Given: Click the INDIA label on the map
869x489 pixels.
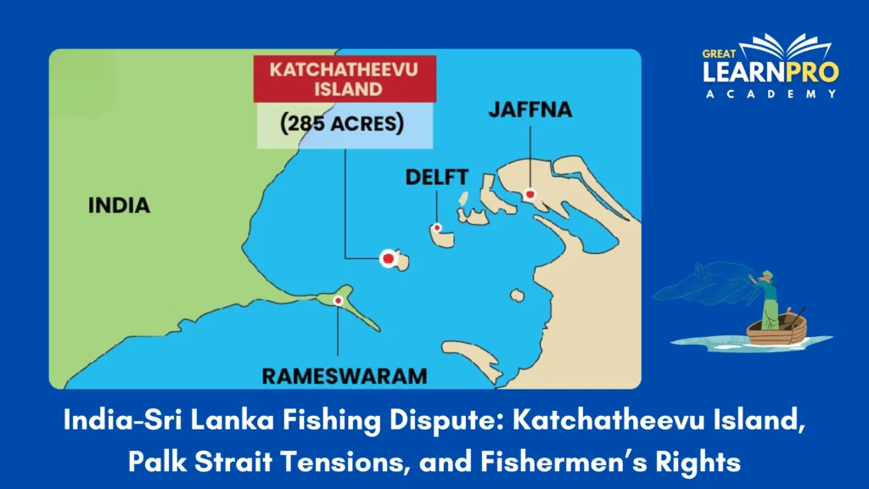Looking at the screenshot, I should (119, 205).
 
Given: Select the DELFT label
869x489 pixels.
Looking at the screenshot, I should (436, 177).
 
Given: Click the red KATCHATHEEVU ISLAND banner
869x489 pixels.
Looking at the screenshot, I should (344, 79).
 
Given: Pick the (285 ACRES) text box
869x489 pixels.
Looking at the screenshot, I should (344, 124).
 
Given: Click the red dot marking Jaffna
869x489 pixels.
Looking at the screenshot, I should (530, 194).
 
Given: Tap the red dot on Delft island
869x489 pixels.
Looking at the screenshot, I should (436, 228).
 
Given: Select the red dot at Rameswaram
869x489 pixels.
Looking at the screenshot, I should (338, 301).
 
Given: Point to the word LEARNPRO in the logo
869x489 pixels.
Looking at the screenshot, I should (770, 73).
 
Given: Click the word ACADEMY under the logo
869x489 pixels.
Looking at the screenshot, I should (771, 93).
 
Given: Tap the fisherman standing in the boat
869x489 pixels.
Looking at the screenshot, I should (769, 301).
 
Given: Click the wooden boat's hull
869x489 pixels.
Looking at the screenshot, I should (776, 332).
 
